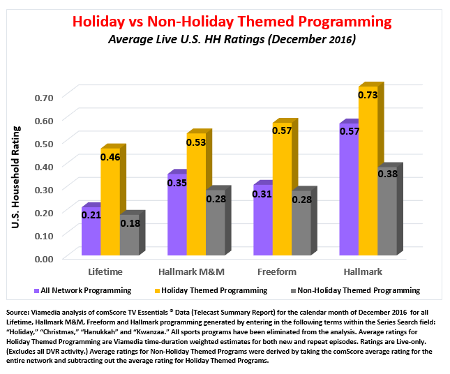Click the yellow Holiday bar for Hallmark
tap(368, 174)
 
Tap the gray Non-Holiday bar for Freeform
tap(301, 227)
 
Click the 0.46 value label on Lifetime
tap(110, 158)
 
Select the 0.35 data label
tap(177, 183)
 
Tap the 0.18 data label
tap(130, 223)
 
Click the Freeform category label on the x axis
tap(282, 271)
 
